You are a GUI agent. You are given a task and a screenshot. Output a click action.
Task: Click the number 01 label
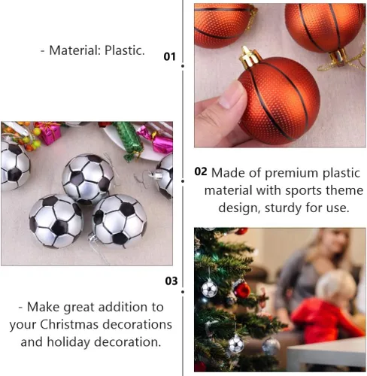(169, 56)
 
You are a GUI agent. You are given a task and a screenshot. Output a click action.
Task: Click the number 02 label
(201, 171)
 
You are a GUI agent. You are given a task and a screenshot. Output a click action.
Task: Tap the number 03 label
(171, 281)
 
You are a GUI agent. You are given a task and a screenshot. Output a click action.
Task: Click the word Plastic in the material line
(125, 50)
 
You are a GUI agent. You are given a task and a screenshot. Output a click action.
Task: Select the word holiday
(68, 342)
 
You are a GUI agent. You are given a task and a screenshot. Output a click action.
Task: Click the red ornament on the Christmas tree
(242, 290)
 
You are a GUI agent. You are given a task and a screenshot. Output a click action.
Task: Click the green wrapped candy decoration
(129, 141)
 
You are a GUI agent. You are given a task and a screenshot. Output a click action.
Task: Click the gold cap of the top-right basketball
(338, 56)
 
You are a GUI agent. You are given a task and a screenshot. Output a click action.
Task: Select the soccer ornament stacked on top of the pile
(88, 178)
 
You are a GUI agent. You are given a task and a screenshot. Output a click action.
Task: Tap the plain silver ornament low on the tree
(271, 347)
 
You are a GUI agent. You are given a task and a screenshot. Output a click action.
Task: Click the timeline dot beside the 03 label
(183, 292)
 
